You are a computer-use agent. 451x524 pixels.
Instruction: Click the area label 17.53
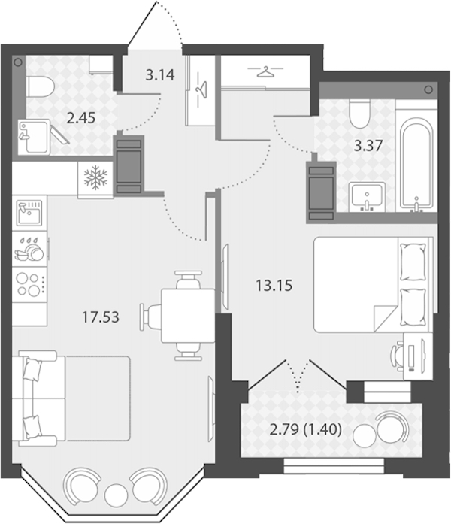101,317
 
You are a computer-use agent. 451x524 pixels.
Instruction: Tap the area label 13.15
274,286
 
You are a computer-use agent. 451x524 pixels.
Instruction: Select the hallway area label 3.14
160,75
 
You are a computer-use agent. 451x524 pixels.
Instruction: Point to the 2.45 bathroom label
81,117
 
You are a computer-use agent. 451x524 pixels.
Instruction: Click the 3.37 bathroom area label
368,146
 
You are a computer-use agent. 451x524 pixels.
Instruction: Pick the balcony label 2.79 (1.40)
305,429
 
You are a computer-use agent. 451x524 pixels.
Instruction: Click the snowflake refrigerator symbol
95,176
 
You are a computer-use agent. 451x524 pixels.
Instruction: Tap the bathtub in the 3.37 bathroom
416,165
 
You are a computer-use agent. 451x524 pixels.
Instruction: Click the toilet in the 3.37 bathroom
359,114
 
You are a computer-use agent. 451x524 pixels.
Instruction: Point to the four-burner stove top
29,283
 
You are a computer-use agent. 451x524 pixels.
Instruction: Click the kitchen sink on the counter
30,214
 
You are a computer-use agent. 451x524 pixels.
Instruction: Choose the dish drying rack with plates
29,250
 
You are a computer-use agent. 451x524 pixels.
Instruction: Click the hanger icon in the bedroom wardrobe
265,71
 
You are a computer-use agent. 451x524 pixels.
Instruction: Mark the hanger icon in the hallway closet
201,89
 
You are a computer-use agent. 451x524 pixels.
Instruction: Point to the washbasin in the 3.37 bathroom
367,197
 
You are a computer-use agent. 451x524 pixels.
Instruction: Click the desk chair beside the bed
397,356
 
